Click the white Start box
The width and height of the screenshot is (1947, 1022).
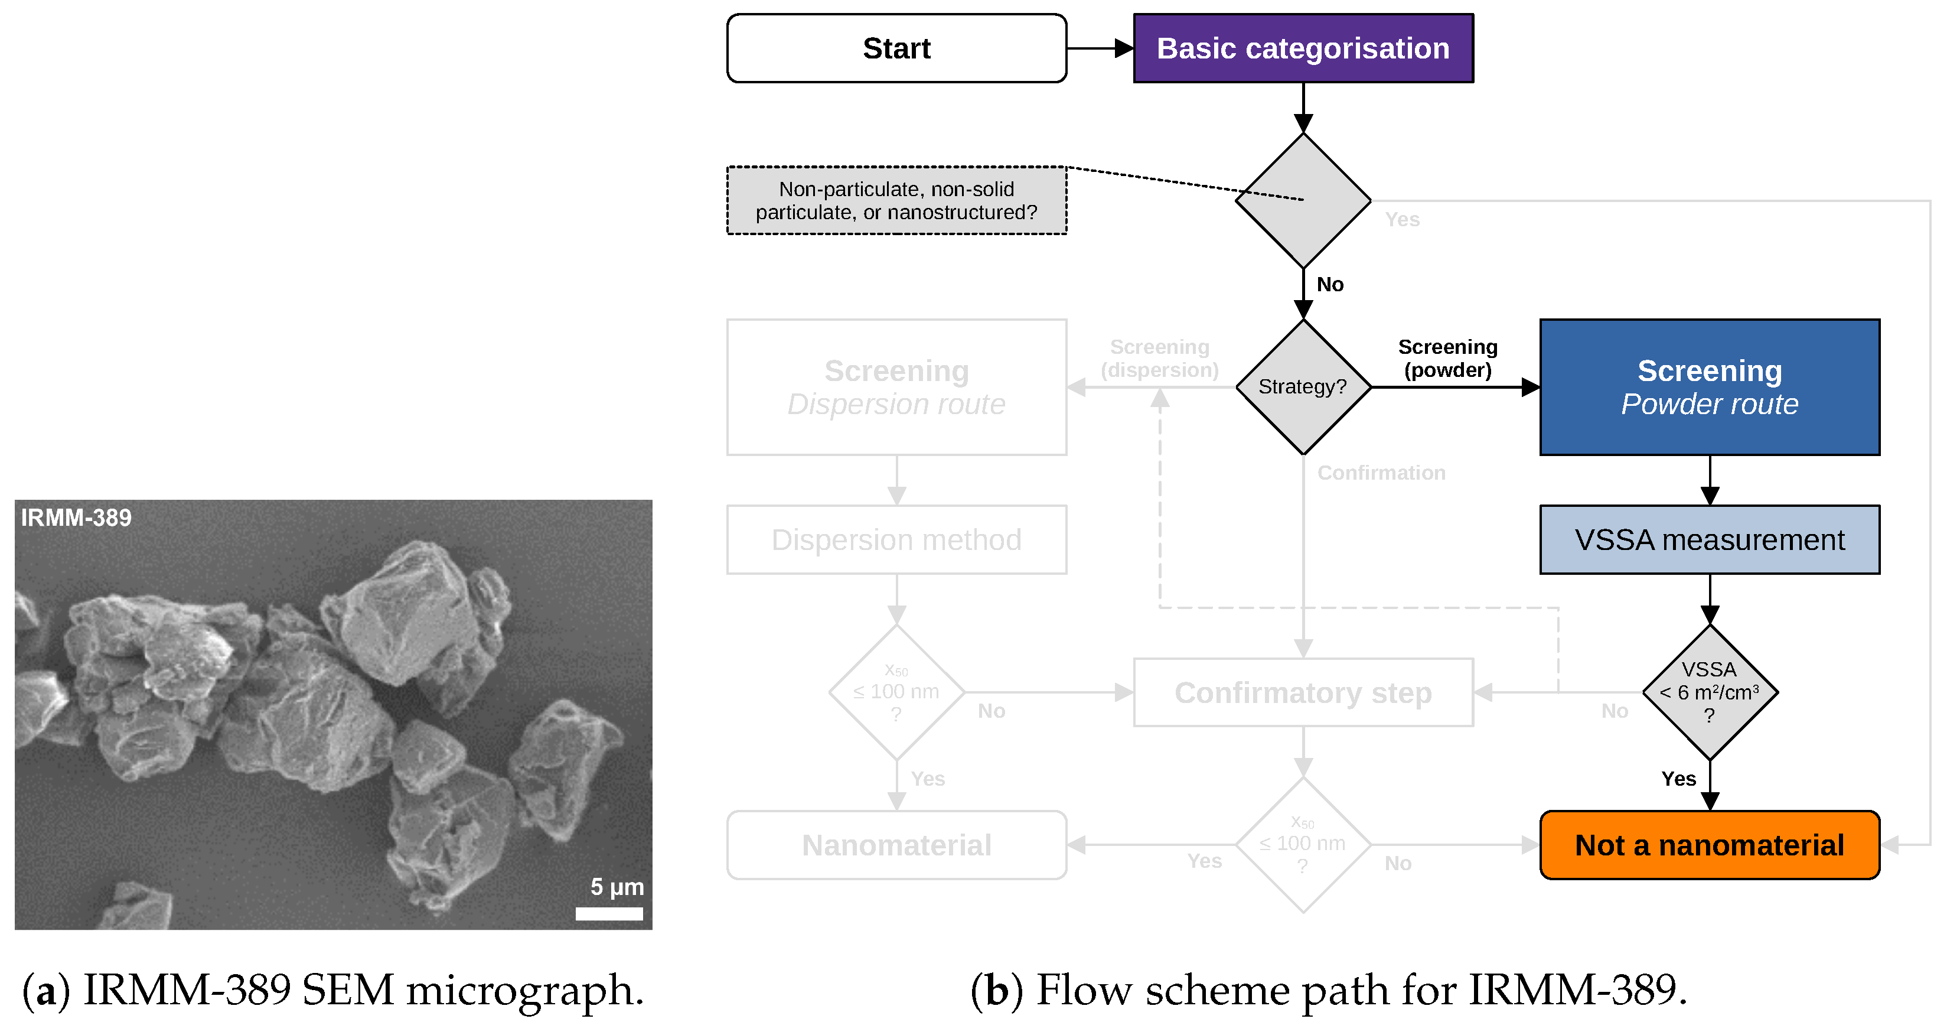(896, 48)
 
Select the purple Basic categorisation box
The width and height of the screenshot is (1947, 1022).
(1303, 48)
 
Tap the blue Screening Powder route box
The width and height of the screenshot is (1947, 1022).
(1710, 387)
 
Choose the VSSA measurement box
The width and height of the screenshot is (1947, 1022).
(1710, 540)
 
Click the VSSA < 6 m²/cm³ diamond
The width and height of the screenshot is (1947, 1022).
(1710, 692)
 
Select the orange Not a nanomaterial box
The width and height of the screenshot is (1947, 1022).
(1710, 845)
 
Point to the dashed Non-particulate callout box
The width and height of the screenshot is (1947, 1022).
(896, 201)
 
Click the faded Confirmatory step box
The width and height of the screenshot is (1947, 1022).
(1303, 692)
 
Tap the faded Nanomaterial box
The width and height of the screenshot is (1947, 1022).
(896, 845)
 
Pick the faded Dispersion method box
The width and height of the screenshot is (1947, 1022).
(896, 540)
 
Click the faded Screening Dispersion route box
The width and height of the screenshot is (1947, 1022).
(896, 387)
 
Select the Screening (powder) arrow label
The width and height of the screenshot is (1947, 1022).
(1447, 359)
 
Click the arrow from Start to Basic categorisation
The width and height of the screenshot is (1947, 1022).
(1100, 48)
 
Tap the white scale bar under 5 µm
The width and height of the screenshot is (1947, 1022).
(609, 914)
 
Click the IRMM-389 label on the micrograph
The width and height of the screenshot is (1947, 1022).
(76, 518)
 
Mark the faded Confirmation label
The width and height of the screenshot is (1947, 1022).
(1381, 473)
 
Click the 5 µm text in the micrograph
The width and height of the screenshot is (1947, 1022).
(617, 887)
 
